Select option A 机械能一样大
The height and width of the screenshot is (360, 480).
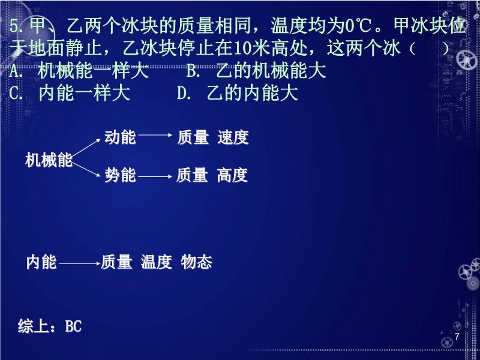pos(79,71)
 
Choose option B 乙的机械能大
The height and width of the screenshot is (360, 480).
pos(256,71)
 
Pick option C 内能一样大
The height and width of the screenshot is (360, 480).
pos(70,94)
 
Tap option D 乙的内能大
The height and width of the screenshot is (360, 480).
pos(237,94)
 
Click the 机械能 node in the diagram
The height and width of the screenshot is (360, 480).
pos(49,160)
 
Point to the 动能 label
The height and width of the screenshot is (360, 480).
pos(121,137)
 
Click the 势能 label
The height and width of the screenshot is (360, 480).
pos(121,175)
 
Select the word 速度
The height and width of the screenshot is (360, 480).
pos(233,137)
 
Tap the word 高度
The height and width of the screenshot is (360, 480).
pos(232,175)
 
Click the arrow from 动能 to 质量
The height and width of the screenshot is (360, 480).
pos(155,135)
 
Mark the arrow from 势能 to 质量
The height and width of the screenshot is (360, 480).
pos(155,176)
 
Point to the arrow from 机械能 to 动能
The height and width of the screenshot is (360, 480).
pos(86,148)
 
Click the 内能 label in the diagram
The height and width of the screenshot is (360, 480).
pos(41,262)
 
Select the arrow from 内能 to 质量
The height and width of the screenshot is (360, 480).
pos(80,263)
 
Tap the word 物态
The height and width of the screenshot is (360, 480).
pos(197,262)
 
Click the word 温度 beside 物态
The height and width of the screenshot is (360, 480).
pos(157,262)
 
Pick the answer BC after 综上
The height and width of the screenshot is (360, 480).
pos(73,326)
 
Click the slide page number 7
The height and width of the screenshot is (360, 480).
pos(457,337)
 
